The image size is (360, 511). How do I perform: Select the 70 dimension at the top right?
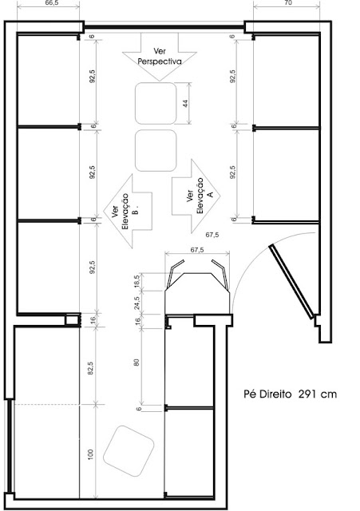pos(287,4)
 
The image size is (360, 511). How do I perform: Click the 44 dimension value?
pos(184,103)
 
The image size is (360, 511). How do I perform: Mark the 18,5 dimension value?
pos(136,281)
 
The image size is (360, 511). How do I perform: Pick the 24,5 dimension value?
pos(136,303)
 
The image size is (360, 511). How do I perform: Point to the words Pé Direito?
pos(267,394)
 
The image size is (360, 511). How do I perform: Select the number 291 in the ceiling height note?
pos(311,394)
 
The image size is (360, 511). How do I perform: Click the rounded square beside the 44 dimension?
pos(156,103)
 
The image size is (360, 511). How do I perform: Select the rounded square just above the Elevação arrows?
pos(156,150)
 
